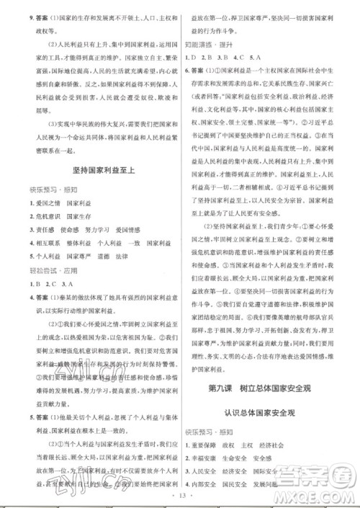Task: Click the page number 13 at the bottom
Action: click(x=181, y=496)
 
